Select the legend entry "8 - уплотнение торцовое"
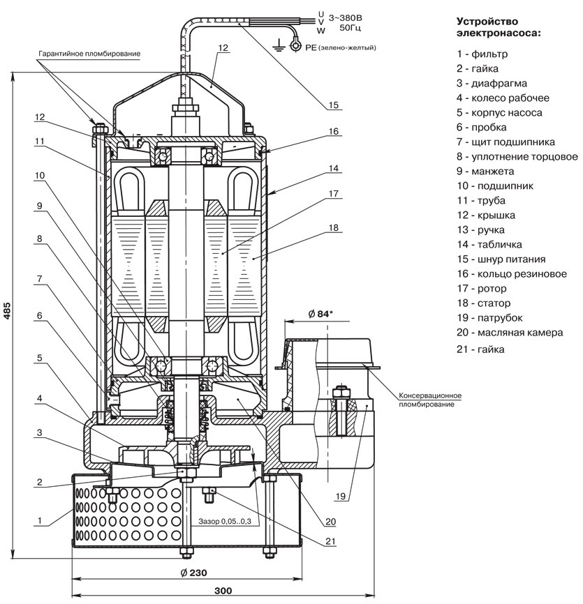click(x=517, y=156)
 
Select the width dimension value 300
click(x=223, y=591)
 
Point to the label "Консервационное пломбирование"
click(x=430, y=399)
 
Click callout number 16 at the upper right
click(x=333, y=131)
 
